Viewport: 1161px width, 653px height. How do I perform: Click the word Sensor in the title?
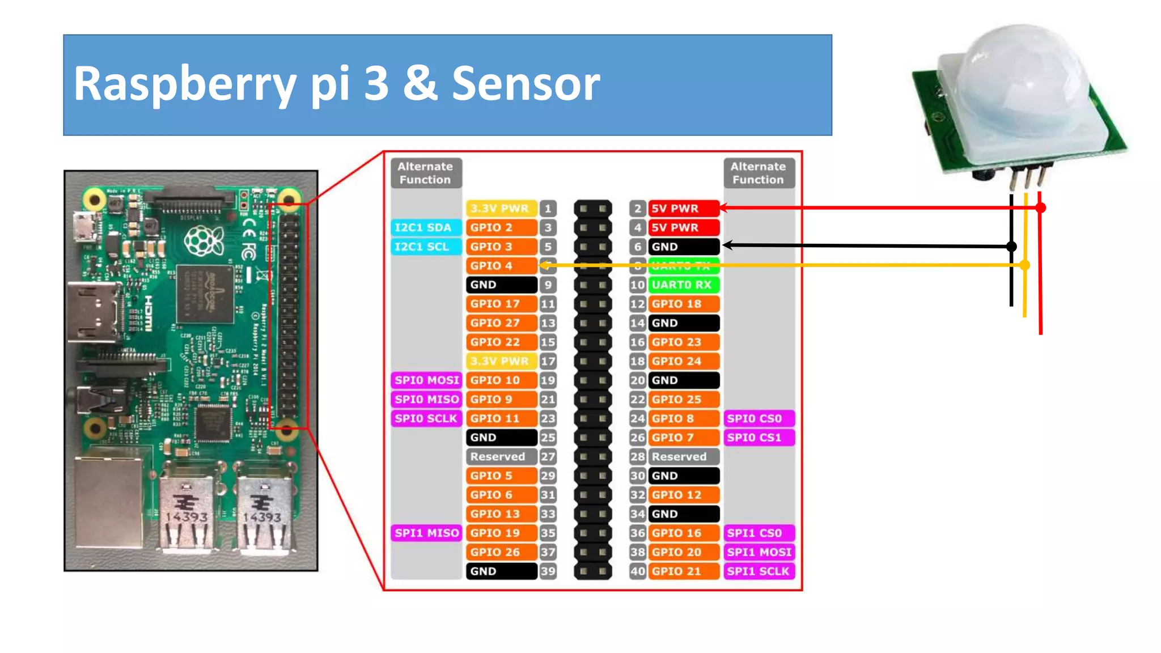(x=526, y=84)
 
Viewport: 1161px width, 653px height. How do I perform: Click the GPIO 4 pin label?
(x=501, y=265)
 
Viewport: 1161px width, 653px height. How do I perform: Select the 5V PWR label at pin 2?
(x=683, y=208)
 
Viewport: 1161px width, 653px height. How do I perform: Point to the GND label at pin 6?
(x=683, y=247)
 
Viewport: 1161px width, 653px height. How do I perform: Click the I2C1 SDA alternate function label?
(x=425, y=227)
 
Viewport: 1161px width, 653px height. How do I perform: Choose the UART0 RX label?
(x=683, y=285)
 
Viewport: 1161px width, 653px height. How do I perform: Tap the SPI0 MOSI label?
(x=426, y=380)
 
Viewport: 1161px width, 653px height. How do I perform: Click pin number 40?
(x=638, y=571)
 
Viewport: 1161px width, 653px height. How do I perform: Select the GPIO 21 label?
(x=683, y=571)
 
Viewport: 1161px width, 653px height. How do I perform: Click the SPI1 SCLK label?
(x=759, y=571)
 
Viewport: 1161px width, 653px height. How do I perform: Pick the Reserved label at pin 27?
(x=501, y=456)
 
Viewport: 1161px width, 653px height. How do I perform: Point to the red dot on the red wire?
(x=1040, y=208)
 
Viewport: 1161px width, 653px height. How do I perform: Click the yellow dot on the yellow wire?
(x=1024, y=265)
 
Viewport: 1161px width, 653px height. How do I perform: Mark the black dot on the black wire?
(x=1011, y=247)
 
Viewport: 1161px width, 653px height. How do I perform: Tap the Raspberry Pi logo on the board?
(x=204, y=241)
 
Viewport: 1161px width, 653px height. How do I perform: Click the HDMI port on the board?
(x=94, y=312)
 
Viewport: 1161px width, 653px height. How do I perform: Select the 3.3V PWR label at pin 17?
(x=501, y=361)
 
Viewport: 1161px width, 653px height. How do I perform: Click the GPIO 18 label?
(x=683, y=304)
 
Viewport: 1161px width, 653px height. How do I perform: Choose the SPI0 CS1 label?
(x=759, y=437)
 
